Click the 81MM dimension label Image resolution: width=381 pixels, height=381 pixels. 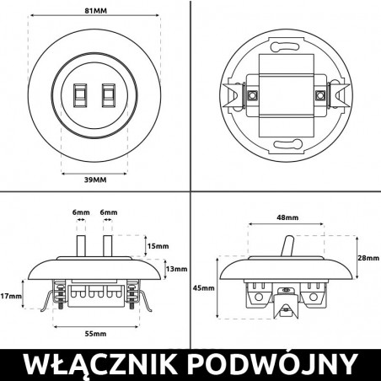coord(94,9)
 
